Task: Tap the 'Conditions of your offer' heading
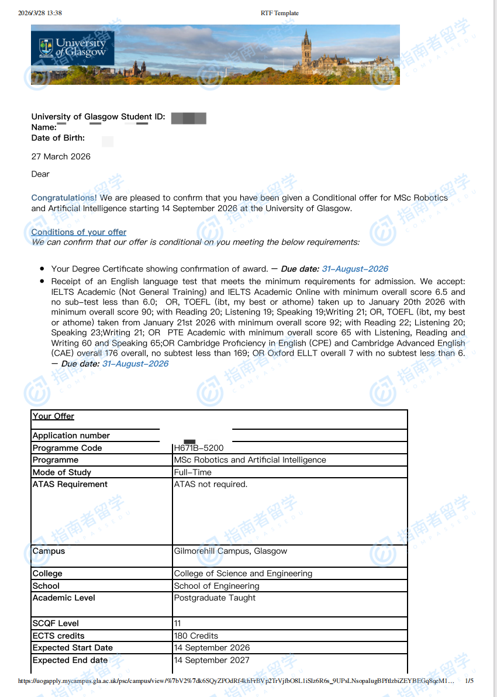point(78,232)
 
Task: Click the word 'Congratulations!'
point(64,198)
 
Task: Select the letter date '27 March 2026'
point(61,157)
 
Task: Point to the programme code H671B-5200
point(199,448)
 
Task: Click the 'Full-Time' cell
point(193,472)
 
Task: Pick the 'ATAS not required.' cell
point(210,484)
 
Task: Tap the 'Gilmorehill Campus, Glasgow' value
point(230,551)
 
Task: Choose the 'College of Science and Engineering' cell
point(243,574)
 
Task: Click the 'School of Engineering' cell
point(216,586)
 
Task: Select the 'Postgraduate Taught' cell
point(215,598)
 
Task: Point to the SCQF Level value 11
point(177,623)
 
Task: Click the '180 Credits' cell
point(196,636)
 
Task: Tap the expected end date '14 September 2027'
point(212,660)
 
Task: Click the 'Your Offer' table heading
point(53,416)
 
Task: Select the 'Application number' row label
point(71,436)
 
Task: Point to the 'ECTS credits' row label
point(58,636)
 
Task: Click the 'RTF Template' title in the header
point(279,13)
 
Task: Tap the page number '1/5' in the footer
point(470,681)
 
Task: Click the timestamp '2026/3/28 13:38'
point(40,13)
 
